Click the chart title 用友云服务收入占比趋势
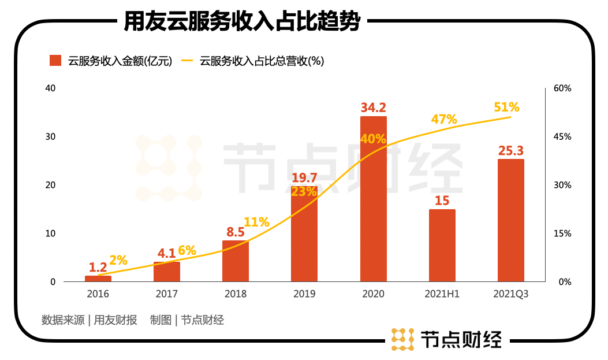pyautogui.click(x=242, y=23)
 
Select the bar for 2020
pyautogui.click(x=373, y=199)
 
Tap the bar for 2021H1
pyautogui.click(x=442, y=246)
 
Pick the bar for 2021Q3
pyautogui.click(x=510, y=221)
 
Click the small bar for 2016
pyautogui.click(x=98, y=279)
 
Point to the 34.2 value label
pyautogui.click(x=373, y=107)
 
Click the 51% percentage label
pyautogui.click(x=506, y=107)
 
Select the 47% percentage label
pyautogui.click(x=443, y=120)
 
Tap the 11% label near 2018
pyautogui.click(x=256, y=222)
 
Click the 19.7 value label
pyautogui.click(x=304, y=177)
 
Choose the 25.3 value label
pyautogui.click(x=510, y=151)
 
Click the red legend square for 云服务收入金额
pyautogui.click(x=55, y=61)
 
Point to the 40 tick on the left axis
pyautogui.click(x=50, y=88)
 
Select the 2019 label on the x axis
pyautogui.click(x=304, y=294)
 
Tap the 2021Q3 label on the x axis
pyautogui.click(x=510, y=294)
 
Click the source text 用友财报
pyautogui.click(x=115, y=320)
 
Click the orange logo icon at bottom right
pyautogui.click(x=402, y=339)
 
